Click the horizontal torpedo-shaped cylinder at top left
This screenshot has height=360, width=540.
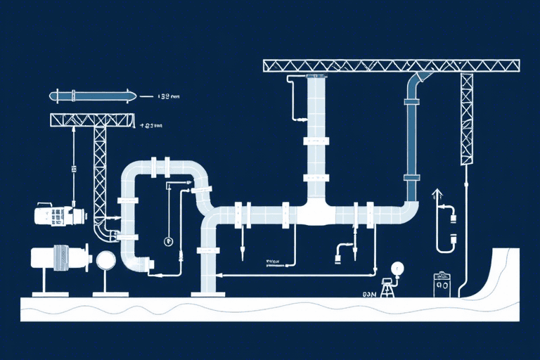pyautogui.click(x=91, y=96)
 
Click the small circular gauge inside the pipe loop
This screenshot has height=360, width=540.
pyautogui.click(x=168, y=242)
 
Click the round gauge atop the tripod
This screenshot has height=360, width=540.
pyautogui.click(x=397, y=269)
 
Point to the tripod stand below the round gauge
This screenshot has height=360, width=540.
pyautogui.click(x=387, y=288)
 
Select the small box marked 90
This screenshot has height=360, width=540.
pyautogui.click(x=442, y=285)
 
